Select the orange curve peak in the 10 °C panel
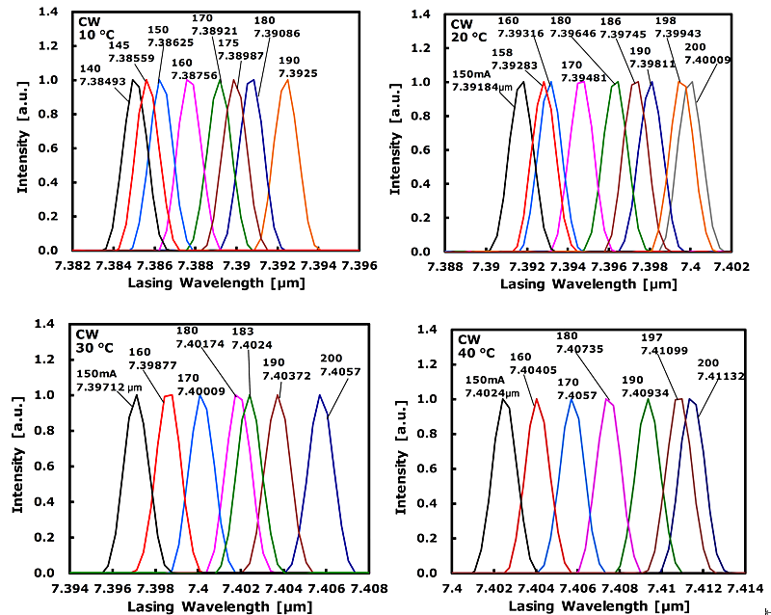pyautogui.click(x=287, y=80)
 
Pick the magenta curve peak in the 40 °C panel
pyautogui.click(x=609, y=399)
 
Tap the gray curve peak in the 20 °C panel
pyautogui.click(x=691, y=82)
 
